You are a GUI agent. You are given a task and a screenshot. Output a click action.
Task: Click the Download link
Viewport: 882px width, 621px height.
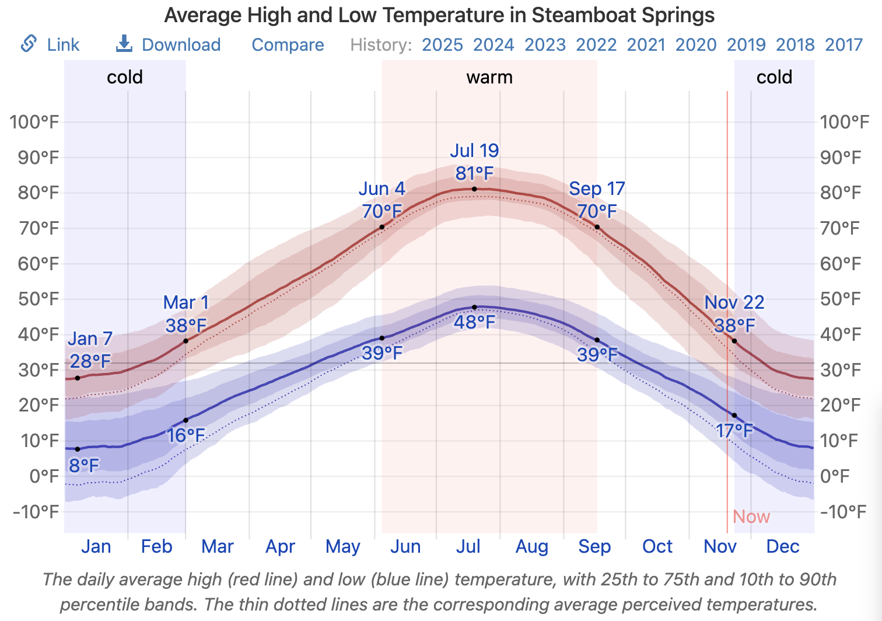tap(181, 44)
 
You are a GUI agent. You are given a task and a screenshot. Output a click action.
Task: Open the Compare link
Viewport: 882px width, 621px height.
tap(288, 44)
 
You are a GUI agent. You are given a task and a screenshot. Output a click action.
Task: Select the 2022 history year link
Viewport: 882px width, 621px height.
tap(596, 44)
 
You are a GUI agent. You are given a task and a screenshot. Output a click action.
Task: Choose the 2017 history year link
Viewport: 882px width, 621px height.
tap(843, 44)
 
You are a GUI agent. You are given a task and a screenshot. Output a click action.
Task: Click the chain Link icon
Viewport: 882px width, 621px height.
tap(29, 44)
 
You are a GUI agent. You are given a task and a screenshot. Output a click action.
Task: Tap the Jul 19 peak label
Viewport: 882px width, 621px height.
tap(474, 151)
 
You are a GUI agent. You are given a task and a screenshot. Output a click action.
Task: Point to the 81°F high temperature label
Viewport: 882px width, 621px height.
tap(474, 173)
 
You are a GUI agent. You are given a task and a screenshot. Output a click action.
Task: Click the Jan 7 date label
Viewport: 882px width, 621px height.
tap(90, 339)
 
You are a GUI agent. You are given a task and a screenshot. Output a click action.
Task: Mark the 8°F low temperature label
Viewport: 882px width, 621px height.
tap(84, 465)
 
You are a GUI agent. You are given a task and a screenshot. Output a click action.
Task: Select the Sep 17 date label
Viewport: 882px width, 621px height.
tap(597, 189)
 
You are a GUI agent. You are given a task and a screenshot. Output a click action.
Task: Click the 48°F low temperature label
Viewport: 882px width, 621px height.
tap(474, 322)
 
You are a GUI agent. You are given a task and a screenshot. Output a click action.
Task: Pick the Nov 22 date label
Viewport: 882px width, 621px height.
tap(734, 302)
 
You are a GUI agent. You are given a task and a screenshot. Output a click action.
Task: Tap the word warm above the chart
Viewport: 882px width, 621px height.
tap(489, 77)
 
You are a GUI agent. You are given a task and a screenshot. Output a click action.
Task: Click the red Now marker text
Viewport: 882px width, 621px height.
tap(751, 517)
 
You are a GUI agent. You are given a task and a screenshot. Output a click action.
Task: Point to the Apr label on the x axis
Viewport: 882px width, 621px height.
tap(280, 546)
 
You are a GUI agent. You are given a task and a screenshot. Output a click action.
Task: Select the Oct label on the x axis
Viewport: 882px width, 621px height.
tap(657, 546)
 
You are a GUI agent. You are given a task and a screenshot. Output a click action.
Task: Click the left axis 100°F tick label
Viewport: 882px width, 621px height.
tap(34, 122)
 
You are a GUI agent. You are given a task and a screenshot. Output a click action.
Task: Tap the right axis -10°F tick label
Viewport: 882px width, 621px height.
tap(842, 512)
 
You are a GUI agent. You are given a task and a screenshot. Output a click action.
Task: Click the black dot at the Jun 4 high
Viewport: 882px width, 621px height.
tap(382, 227)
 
